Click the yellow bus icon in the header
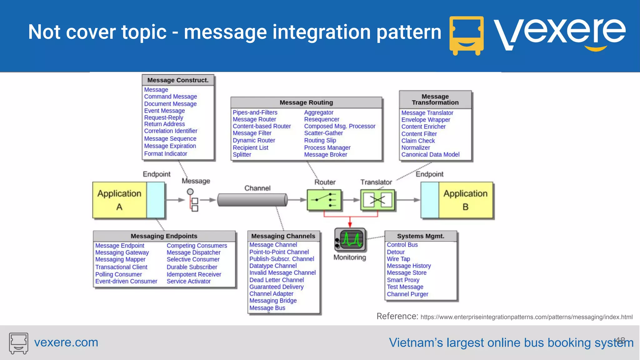pyautogui.click(x=466, y=35)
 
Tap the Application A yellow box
pyautogui.click(x=119, y=200)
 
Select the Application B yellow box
pyautogui.click(x=465, y=200)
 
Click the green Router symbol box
pyautogui.click(x=324, y=200)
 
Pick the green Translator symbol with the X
pyautogui.click(x=377, y=200)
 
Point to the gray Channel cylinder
pyautogui.click(x=252, y=200)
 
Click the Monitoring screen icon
pyautogui.click(x=351, y=240)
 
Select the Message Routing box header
pyautogui.click(x=306, y=102)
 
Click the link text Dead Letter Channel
pyautogui.click(x=277, y=280)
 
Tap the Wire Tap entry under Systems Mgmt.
pyautogui.click(x=398, y=259)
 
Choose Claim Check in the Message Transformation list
pyautogui.click(x=418, y=141)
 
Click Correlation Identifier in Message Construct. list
pyautogui.click(x=171, y=131)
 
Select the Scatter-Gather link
pyautogui.click(x=323, y=133)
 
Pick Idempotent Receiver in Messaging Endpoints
pyautogui.click(x=194, y=274)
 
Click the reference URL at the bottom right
pyautogui.click(x=526, y=317)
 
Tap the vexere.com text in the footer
pyautogui.click(x=66, y=342)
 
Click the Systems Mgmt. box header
pyautogui.click(x=421, y=236)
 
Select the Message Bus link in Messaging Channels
pyautogui.click(x=267, y=308)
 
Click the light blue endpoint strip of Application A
pyautogui.click(x=155, y=200)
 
